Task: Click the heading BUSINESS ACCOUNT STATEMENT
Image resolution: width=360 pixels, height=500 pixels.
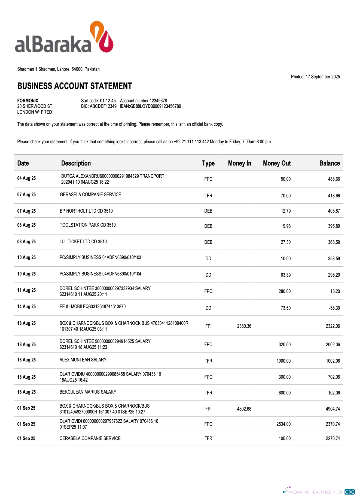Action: point(75,86)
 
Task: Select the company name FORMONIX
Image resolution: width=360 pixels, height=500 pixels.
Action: point(28,101)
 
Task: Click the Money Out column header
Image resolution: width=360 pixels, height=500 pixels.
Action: point(277,163)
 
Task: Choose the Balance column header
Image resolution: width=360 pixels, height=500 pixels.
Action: point(329,163)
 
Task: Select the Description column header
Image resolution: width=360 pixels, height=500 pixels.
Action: point(76,163)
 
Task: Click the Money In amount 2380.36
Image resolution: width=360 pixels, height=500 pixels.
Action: point(244,326)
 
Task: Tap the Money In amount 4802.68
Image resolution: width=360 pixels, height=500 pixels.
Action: point(244,409)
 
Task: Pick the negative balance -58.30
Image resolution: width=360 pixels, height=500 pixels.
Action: point(334,308)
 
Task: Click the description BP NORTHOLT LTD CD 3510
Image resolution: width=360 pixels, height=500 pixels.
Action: point(86,211)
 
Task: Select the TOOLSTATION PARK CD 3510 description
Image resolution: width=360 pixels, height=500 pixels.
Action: point(88,225)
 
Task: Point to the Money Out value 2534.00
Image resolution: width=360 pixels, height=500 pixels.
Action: point(283,424)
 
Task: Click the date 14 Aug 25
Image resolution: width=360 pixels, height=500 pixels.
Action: point(27,306)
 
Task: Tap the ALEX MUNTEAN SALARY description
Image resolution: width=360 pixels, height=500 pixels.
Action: point(83,360)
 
